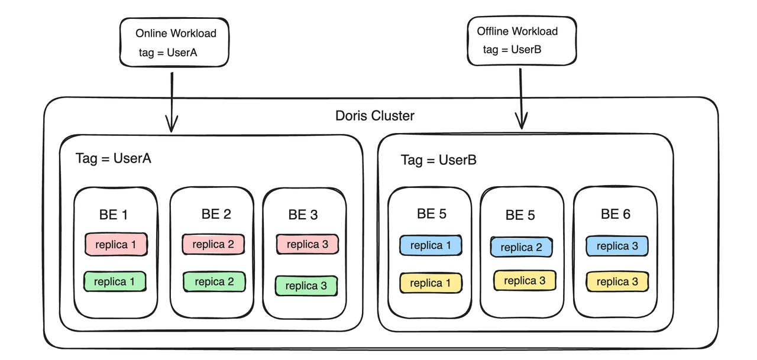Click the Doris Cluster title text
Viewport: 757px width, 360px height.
[375, 115]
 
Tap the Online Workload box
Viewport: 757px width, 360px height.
[175, 42]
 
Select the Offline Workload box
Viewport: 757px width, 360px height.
[521, 41]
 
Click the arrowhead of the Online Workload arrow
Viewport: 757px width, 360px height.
[172, 126]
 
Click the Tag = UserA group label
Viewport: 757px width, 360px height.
[114, 158]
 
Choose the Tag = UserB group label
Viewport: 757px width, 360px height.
[438, 160]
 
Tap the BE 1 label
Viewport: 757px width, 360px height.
[114, 215]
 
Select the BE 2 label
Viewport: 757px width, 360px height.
[216, 214]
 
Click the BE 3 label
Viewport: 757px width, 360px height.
[303, 215]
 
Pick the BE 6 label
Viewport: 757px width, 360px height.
[616, 214]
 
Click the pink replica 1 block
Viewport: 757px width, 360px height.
[115, 244]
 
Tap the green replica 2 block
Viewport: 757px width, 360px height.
[213, 282]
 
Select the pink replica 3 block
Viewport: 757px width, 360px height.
[306, 244]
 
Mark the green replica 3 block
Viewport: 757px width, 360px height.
[306, 286]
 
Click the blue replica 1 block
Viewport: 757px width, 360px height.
[430, 245]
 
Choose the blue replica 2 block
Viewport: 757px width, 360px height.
[521, 247]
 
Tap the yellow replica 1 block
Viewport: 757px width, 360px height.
[430, 283]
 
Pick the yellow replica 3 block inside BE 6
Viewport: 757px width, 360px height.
[617, 282]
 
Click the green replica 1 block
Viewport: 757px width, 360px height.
[114, 281]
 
